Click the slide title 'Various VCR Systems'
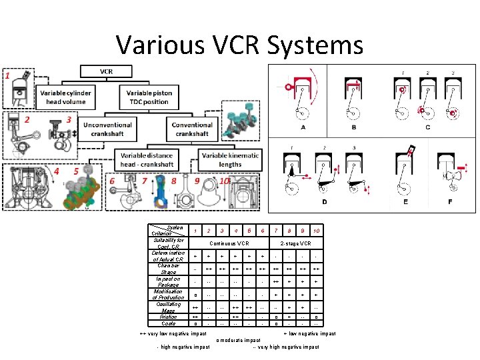point(240,45)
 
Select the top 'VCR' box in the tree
point(107,71)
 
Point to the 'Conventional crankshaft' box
point(192,129)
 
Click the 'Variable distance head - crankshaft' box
point(146,160)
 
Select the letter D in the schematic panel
point(325,201)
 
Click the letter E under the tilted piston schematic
point(405,201)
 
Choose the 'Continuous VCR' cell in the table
point(230,243)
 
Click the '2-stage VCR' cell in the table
point(295,243)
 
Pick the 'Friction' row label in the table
point(169,317)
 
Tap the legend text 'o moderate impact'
point(239,340)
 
